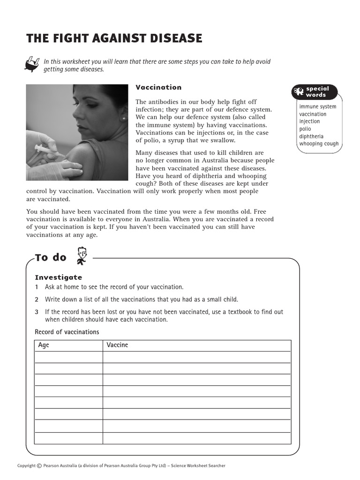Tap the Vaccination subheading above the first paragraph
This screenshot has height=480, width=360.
point(158,87)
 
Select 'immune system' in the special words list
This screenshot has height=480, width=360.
point(318,106)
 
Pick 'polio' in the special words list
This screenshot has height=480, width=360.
point(305,129)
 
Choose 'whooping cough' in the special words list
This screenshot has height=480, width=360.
point(319,144)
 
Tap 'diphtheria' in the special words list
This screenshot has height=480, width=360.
point(311,136)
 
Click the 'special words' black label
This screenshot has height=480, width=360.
point(317,92)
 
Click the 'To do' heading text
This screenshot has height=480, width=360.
point(51,257)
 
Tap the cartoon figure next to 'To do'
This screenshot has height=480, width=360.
point(82,255)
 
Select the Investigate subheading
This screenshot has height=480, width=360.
point(59,277)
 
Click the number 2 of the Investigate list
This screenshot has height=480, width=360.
point(37,300)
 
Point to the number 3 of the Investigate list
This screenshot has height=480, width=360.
point(37,312)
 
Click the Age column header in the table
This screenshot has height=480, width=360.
point(44,345)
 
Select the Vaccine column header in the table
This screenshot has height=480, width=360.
point(117,345)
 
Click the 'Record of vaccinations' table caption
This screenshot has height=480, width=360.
point(67,332)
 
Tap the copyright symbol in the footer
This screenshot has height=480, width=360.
point(39,465)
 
